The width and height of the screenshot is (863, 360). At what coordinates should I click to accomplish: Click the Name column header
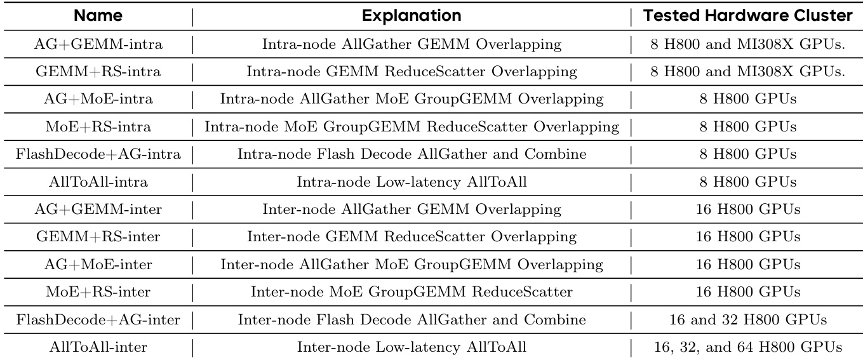pos(98,16)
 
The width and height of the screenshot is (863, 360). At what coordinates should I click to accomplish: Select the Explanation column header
pos(411,16)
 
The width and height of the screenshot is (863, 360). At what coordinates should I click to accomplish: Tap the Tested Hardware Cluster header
pos(747,16)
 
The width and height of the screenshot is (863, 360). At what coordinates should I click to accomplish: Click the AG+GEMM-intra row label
pos(98,44)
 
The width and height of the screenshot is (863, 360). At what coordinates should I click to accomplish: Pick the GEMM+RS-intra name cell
pos(98,72)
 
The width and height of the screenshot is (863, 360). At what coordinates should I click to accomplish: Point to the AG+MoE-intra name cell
pos(98,99)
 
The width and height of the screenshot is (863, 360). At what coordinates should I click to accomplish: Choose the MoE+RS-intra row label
pos(98,127)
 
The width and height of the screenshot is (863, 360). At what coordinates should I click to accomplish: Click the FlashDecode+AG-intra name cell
pos(98,154)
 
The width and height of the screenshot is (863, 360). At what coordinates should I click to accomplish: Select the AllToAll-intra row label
pos(98,182)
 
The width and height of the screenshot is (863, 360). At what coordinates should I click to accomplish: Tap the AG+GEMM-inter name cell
pos(98,209)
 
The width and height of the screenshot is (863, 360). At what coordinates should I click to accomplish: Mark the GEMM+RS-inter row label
pos(98,236)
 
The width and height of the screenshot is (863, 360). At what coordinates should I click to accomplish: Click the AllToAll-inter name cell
pos(98,347)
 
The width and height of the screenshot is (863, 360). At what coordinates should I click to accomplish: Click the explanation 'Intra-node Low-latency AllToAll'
pos(411,182)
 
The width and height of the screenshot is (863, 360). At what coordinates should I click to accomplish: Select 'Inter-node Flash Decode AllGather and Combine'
pos(411,319)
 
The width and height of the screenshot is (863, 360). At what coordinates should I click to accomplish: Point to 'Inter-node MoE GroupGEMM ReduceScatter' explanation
pos(411,292)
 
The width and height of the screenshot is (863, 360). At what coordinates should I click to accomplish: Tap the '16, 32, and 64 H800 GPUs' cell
pos(748,347)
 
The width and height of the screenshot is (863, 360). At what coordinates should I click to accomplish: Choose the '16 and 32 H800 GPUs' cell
pos(748,319)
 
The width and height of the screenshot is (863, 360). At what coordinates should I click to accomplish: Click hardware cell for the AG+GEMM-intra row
pos(748,44)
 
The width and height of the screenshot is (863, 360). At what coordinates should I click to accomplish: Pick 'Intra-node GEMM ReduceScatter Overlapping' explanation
pos(411,72)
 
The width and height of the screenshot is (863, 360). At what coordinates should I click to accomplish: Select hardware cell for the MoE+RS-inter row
pos(748,292)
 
